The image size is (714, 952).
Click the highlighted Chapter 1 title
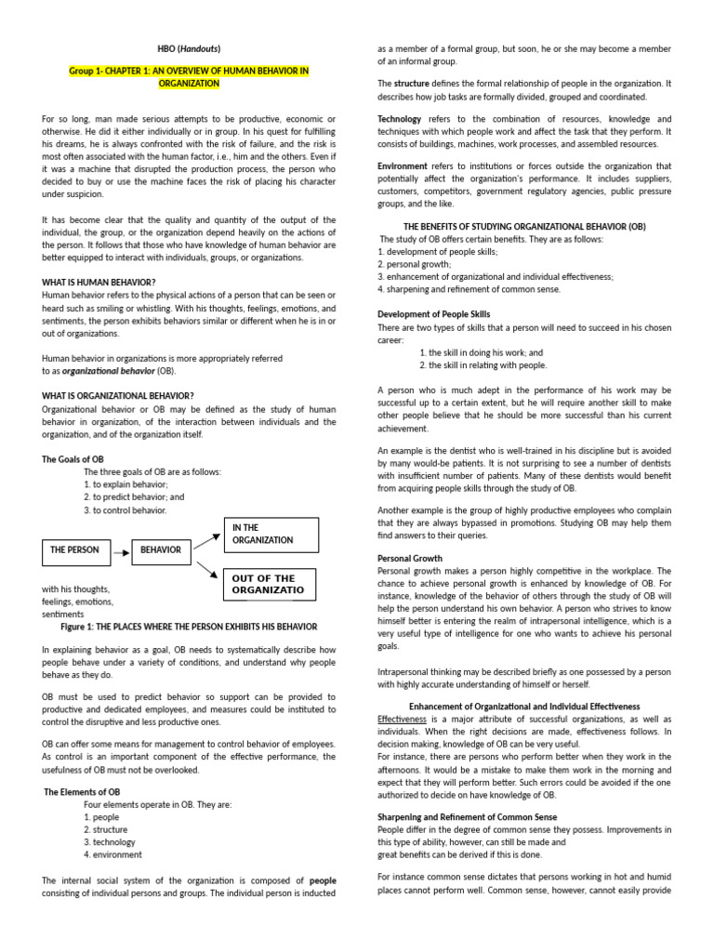tap(189, 77)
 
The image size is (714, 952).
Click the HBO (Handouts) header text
tap(189, 48)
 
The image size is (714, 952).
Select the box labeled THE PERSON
tap(74, 550)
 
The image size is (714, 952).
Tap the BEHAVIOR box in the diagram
tap(161, 550)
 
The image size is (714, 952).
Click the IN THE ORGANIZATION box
tap(270, 535)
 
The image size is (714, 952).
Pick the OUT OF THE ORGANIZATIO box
tap(270, 585)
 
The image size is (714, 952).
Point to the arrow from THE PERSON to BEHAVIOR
tap(121, 551)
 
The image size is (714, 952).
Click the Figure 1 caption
tap(189, 627)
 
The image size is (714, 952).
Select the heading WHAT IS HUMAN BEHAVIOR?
tap(99, 282)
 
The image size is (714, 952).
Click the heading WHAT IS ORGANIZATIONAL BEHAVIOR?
tap(118, 395)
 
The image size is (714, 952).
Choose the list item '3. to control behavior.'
tap(126, 509)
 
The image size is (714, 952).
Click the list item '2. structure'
tap(106, 829)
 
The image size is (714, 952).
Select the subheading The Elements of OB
tap(83, 791)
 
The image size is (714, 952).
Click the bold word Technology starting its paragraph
tap(399, 119)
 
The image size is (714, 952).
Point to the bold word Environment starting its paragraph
tap(403, 165)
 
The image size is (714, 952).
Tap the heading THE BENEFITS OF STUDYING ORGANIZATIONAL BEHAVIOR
tap(523, 227)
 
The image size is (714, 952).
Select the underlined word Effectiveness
tap(402, 719)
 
